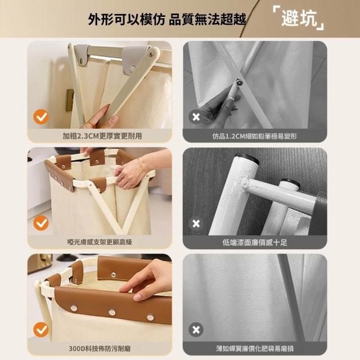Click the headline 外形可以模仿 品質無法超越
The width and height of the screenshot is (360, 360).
(x=167, y=19)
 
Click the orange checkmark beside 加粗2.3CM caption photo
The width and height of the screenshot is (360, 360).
(x=41, y=117)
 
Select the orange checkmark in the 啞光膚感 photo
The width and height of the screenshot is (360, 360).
(x=41, y=223)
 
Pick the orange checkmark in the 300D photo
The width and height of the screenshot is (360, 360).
(x=41, y=330)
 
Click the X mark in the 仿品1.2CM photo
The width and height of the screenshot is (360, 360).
(x=196, y=117)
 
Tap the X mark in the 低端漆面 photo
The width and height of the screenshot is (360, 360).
(x=196, y=223)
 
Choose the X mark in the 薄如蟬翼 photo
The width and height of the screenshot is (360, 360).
(x=196, y=330)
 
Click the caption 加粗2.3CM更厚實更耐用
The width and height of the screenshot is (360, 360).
(x=102, y=136)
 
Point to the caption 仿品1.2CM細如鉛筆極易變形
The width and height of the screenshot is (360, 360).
(x=255, y=136)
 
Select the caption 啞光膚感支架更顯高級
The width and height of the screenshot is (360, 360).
(x=100, y=242)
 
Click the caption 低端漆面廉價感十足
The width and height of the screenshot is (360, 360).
(x=255, y=242)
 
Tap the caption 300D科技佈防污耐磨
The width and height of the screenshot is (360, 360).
(x=100, y=349)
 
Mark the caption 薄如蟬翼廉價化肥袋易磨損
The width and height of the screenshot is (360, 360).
(x=255, y=349)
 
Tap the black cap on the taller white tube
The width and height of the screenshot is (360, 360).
(x=246, y=158)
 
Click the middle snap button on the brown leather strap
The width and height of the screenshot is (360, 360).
(x=112, y=312)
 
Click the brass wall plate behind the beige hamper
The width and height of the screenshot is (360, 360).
(x=70, y=100)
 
